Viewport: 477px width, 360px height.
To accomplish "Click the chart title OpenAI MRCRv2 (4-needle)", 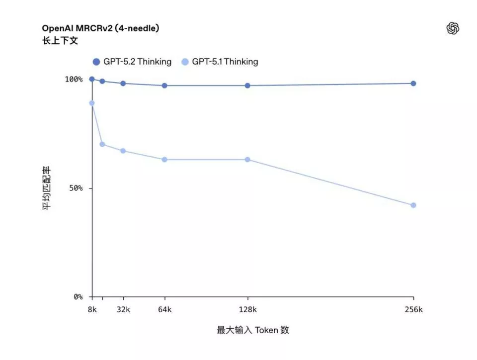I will point(100,29).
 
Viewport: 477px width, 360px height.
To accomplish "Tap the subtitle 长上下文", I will point(60,41).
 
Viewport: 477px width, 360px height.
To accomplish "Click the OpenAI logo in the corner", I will point(452,29).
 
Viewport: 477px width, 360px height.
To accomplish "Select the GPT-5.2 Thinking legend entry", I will point(132,62).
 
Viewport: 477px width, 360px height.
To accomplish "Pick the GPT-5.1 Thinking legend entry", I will point(220,62).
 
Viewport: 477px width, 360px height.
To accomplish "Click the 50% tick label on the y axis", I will point(76,188).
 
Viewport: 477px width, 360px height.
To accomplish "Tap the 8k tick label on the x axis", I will point(92,309).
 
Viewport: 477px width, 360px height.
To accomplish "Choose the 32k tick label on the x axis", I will point(123,309).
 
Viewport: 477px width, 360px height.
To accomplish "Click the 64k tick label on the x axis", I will point(164,309).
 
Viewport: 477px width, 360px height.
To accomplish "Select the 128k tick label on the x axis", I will point(247,309).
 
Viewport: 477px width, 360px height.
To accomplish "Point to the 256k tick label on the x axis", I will point(413,309).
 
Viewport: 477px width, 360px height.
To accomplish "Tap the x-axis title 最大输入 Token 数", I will point(252,330).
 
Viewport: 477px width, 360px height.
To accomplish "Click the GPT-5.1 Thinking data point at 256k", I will point(413,205).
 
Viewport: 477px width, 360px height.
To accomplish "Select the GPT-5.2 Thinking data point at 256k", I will point(413,84).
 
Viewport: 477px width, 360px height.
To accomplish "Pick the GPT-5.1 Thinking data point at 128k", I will point(247,160).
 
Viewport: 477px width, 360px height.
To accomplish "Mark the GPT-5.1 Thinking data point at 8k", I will point(92,103).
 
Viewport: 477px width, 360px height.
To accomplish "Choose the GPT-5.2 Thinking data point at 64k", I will point(164,86).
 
